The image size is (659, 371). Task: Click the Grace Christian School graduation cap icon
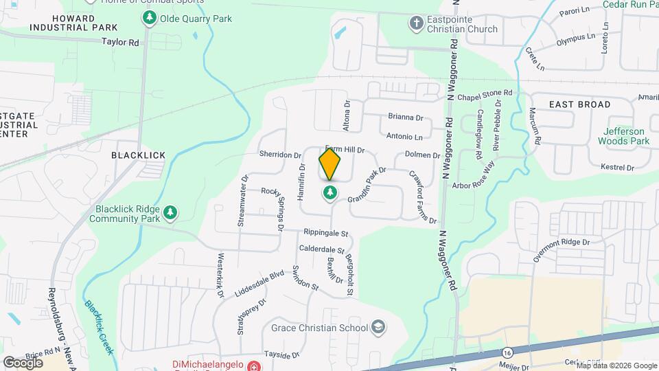(x=378, y=328)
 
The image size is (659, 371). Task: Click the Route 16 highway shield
(x=507, y=352)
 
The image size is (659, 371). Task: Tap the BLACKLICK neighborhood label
(x=139, y=155)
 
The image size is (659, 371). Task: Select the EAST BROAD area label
(x=579, y=104)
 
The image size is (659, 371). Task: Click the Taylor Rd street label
(x=120, y=43)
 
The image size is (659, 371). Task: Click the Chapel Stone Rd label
(x=485, y=93)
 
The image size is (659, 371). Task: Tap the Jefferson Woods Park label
(x=625, y=136)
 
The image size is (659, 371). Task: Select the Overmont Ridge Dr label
(x=562, y=250)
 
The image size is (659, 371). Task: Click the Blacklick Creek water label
(x=100, y=317)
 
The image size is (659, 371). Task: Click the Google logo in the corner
(x=23, y=362)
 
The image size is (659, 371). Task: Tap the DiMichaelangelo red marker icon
(x=254, y=366)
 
